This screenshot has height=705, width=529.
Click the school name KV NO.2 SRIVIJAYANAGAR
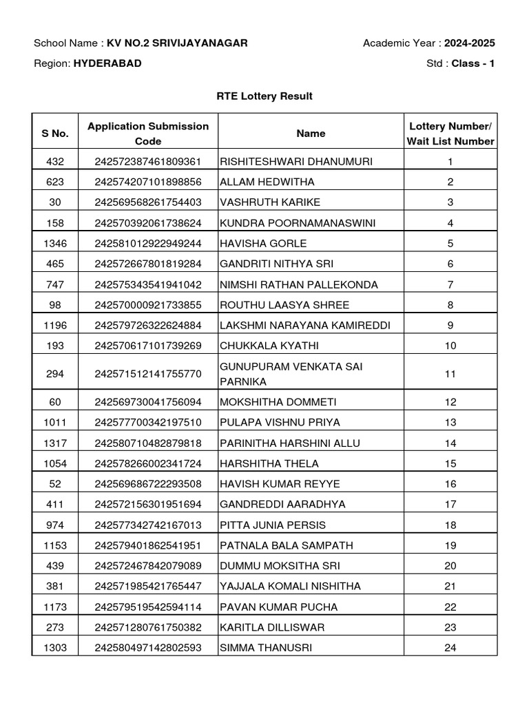(x=177, y=43)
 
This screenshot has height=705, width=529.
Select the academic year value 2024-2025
(x=469, y=43)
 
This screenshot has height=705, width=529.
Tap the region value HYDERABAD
(x=107, y=63)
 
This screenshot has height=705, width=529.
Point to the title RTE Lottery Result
(x=264, y=96)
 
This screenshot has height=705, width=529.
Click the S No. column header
(x=55, y=134)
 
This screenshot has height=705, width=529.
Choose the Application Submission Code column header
(x=148, y=134)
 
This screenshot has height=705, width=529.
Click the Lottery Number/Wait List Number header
(x=450, y=134)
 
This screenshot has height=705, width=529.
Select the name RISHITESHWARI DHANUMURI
(x=296, y=162)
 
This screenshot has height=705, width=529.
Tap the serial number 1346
(x=55, y=243)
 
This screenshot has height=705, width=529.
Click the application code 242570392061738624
(x=148, y=223)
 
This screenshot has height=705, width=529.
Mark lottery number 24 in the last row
(x=450, y=648)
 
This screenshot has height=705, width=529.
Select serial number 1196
(x=55, y=325)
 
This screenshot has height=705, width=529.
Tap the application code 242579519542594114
(x=148, y=607)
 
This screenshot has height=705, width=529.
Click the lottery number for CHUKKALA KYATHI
(x=450, y=346)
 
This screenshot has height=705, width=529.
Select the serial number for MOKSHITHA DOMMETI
(x=55, y=402)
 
